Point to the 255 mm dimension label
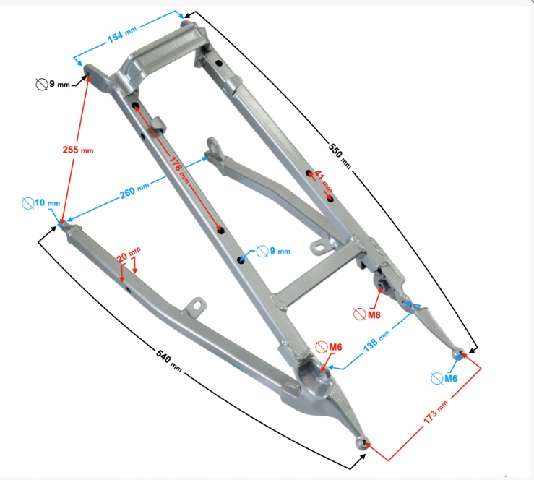pyautogui.click(x=77, y=150)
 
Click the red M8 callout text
pyautogui.click(x=374, y=314)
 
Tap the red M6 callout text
pyautogui.click(x=334, y=348)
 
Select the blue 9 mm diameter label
pyautogui.click(x=278, y=252)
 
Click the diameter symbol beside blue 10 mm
pyautogui.click(x=27, y=203)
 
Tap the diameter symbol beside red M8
pyautogui.click(x=359, y=314)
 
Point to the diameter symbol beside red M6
pyautogui.click(x=320, y=348)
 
